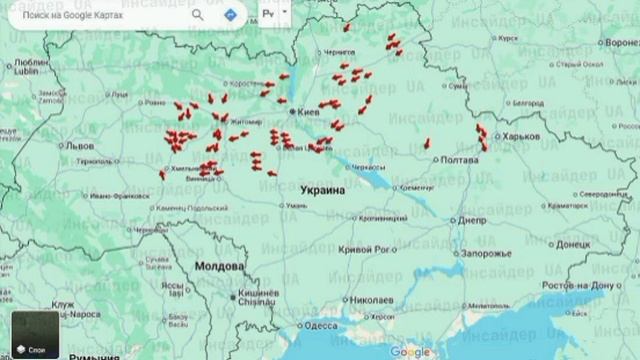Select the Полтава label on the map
click(x=460, y=159)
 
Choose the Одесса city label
click(x=321, y=325)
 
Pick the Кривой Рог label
click(x=363, y=249)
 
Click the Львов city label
click(x=78, y=145)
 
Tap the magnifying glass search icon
click(x=197, y=15)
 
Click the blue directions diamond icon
click(x=231, y=15)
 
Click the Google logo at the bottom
click(x=410, y=351)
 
